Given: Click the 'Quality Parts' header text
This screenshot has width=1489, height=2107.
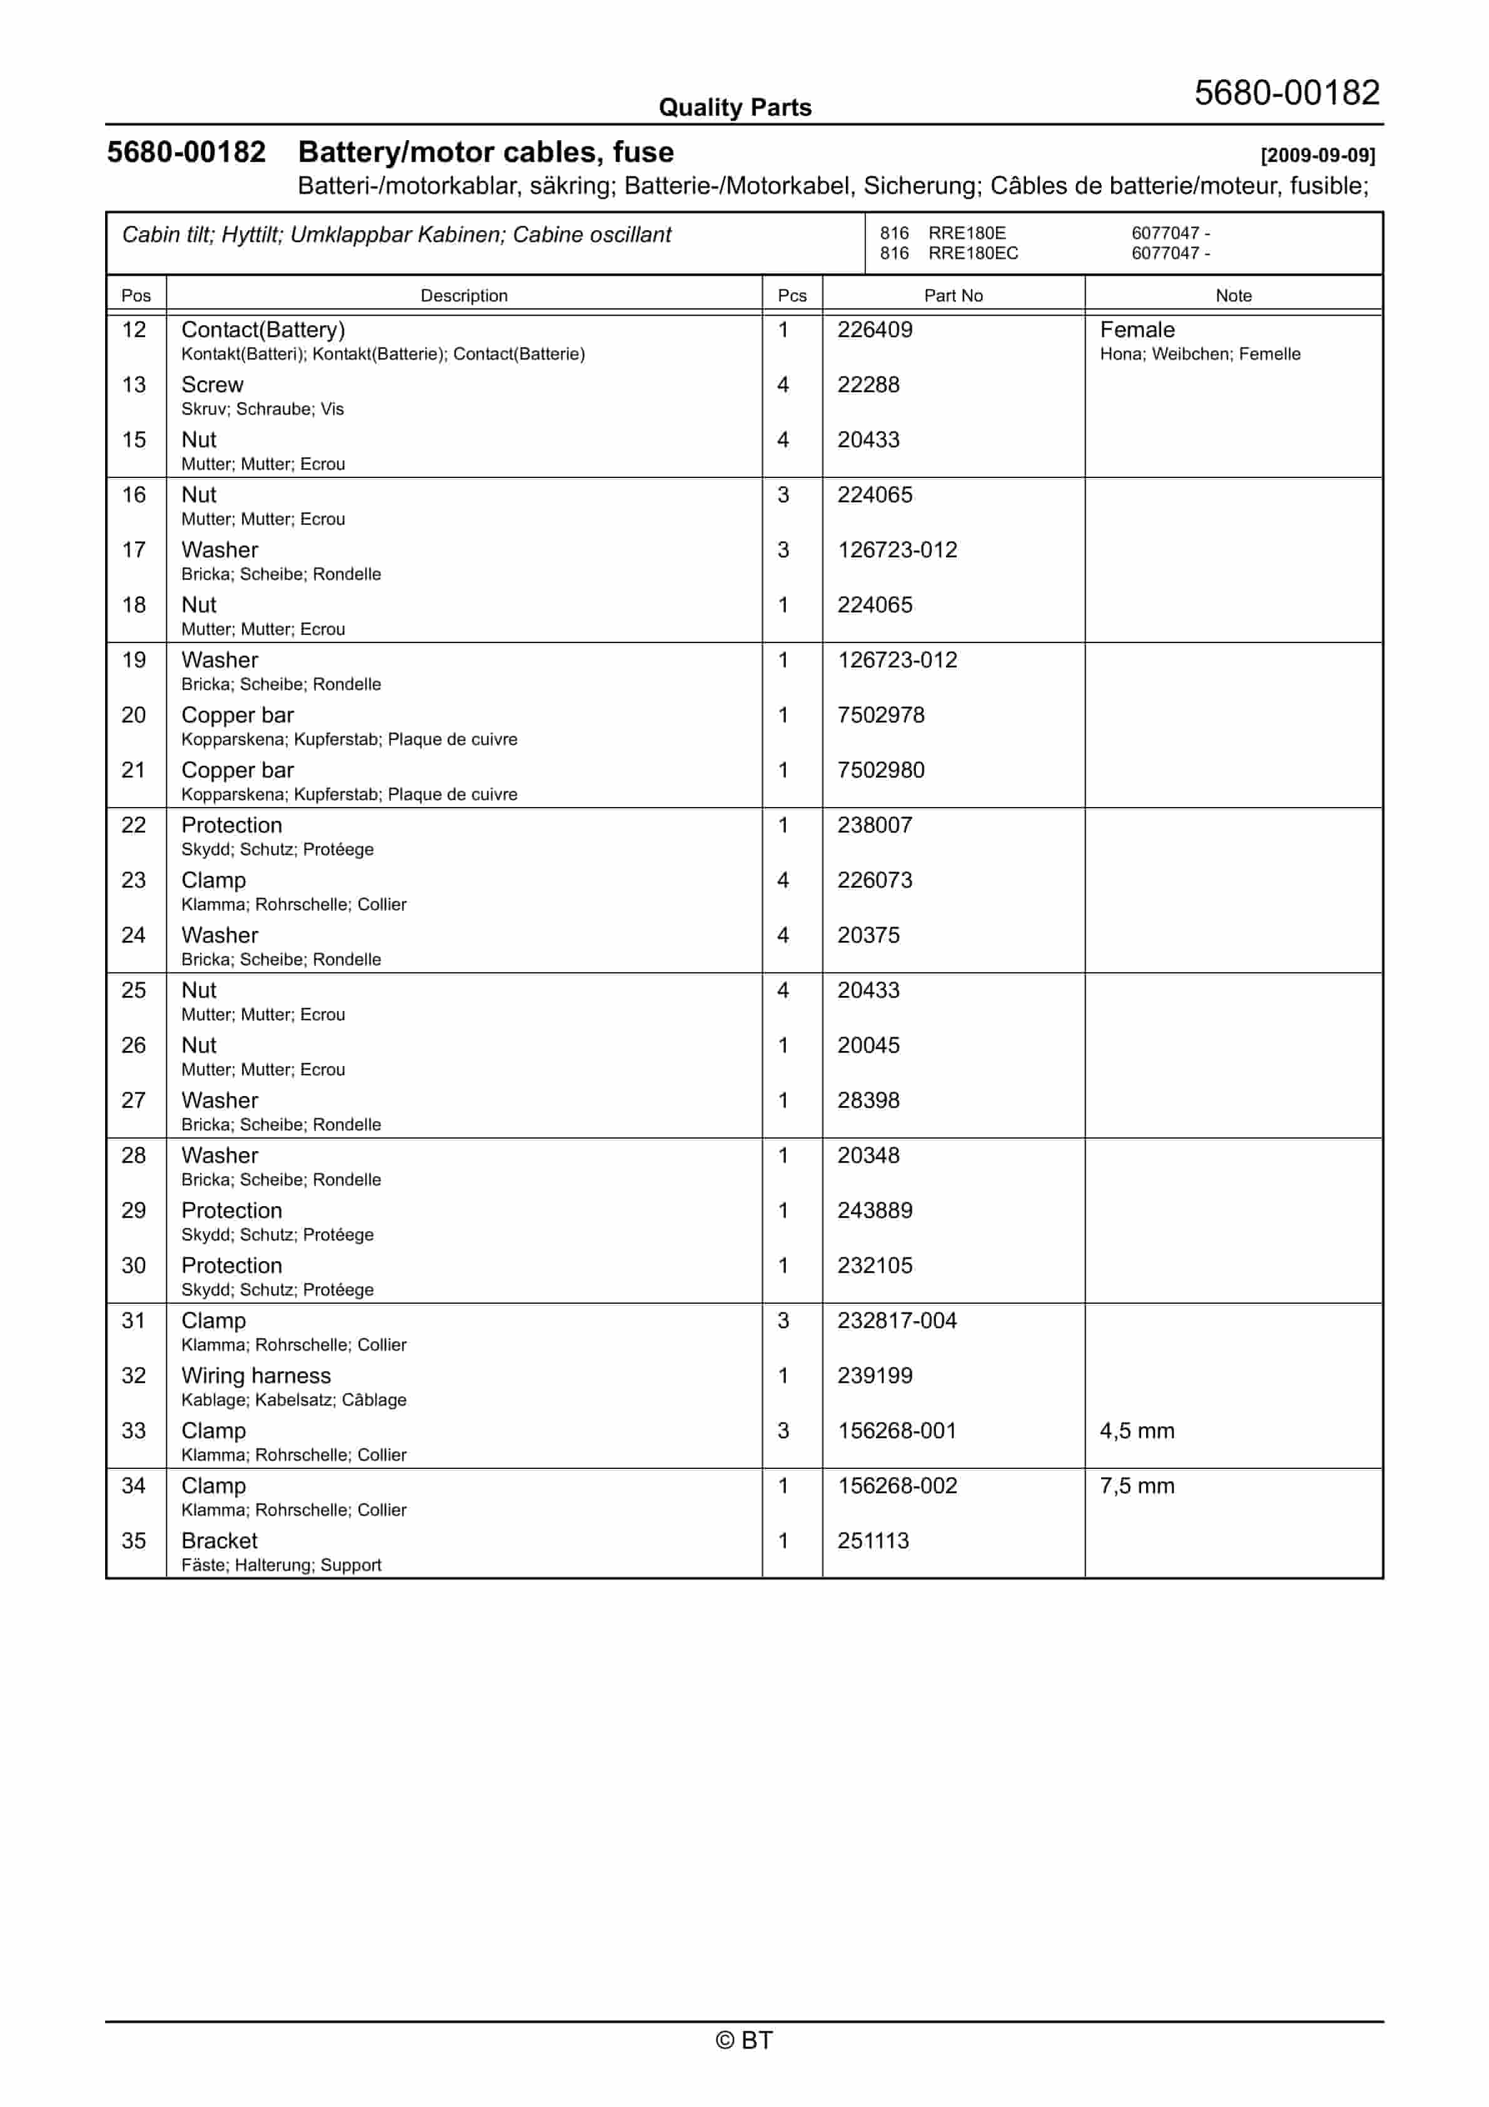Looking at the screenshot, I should click(x=734, y=108).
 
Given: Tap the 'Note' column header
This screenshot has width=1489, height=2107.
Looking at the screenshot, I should click(x=1233, y=295).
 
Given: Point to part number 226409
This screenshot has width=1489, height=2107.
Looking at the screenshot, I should click(x=874, y=330).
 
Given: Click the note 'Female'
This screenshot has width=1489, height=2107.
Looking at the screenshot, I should click(x=1137, y=330).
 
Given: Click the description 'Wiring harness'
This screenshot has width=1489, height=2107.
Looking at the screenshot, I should click(x=256, y=1376).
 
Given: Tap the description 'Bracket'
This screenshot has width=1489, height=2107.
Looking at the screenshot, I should click(x=220, y=1541).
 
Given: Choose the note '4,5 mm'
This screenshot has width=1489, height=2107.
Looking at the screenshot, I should click(x=1137, y=1431).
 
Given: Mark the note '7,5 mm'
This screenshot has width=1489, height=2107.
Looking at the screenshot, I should click(x=1137, y=1486).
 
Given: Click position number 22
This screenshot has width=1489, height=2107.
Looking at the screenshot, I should click(x=134, y=825).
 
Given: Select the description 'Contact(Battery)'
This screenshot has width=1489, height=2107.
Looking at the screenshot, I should click(x=263, y=330).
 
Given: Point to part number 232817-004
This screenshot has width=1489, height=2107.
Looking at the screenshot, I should click(x=897, y=1321).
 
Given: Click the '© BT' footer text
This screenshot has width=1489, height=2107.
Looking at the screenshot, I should click(x=744, y=2040).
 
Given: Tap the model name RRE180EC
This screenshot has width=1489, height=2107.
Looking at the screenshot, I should click(x=973, y=253).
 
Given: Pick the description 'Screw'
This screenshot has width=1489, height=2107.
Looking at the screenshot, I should click(x=212, y=385).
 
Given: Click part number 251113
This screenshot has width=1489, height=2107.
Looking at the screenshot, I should click(x=873, y=1541).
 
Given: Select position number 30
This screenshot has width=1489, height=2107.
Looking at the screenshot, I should click(x=134, y=1266).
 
